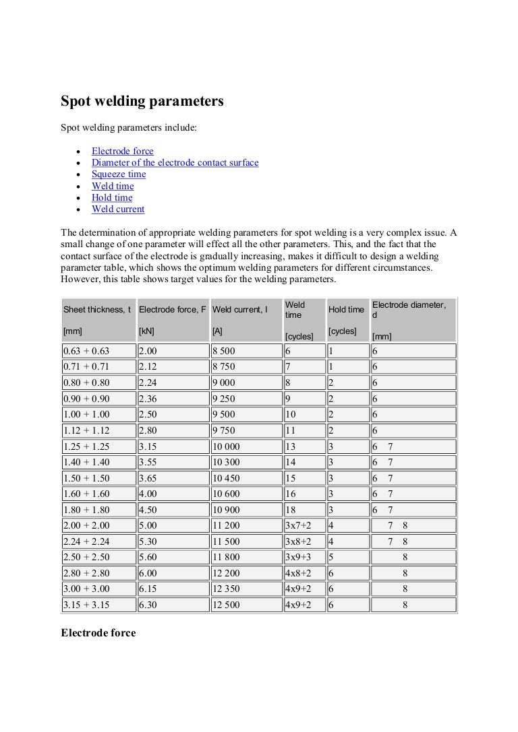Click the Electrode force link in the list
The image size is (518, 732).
coord(122,151)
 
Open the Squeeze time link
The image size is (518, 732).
coord(119,174)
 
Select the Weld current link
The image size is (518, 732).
coord(118,209)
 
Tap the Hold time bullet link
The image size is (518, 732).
coord(112,198)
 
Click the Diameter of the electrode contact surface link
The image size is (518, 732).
coord(175,163)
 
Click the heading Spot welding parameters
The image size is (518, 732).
coord(142,101)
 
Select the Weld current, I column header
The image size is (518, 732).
coord(240,310)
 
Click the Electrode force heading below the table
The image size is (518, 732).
coord(98,633)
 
